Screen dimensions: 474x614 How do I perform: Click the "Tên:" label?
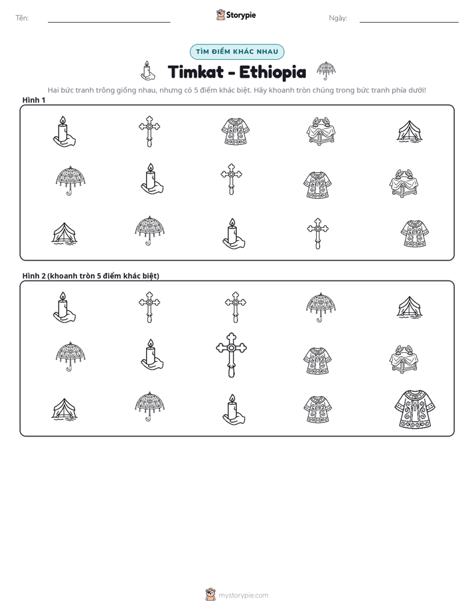tap(22, 18)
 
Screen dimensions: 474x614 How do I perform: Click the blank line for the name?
tap(109, 23)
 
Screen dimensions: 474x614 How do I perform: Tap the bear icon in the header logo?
tap(220, 15)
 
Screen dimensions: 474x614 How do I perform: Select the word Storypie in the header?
tap(241, 15)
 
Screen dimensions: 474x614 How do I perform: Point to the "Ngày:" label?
tap(338, 18)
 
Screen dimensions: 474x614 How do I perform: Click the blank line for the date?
tap(409, 23)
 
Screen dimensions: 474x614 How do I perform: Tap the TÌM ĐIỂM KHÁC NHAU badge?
tap(237, 52)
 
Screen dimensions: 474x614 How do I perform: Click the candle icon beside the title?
tap(148, 70)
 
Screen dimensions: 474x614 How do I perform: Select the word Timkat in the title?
tap(196, 72)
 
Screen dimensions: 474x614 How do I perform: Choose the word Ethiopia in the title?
tap(273, 72)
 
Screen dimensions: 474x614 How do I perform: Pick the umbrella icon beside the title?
tap(326, 70)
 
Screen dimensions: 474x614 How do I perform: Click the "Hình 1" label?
tap(34, 100)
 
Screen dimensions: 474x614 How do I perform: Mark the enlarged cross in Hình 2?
tap(232, 355)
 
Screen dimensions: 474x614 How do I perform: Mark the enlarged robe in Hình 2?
tap(415, 409)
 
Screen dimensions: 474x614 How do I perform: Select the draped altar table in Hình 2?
tap(404, 359)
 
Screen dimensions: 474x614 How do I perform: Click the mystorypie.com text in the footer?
tap(243, 595)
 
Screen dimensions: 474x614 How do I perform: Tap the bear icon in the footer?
tap(210, 595)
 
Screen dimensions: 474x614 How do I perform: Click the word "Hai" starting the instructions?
tap(53, 90)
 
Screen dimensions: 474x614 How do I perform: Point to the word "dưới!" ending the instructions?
tap(417, 90)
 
